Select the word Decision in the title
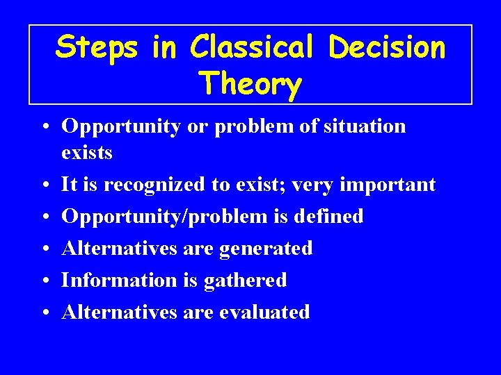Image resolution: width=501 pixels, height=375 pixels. point(387,47)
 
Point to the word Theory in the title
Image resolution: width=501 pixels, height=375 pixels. point(250,84)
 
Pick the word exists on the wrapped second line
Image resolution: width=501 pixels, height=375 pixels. point(87,152)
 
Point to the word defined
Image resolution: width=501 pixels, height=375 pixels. point(328,217)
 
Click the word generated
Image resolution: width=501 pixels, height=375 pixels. point(266,248)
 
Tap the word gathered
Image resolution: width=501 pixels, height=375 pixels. point(251,280)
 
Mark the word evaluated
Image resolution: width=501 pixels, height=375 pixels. point(264,312)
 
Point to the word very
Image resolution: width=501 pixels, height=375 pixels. point(315,185)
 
